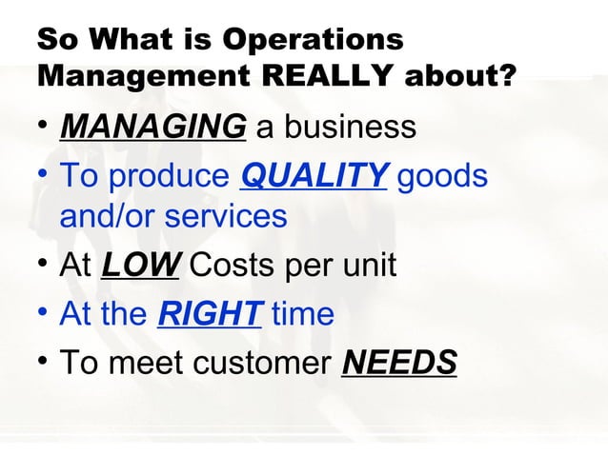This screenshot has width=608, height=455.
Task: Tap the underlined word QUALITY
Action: pyautogui.click(x=314, y=176)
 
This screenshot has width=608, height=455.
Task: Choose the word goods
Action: pyautogui.click(x=442, y=176)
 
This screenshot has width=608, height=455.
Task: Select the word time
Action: pyautogui.click(x=303, y=312)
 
